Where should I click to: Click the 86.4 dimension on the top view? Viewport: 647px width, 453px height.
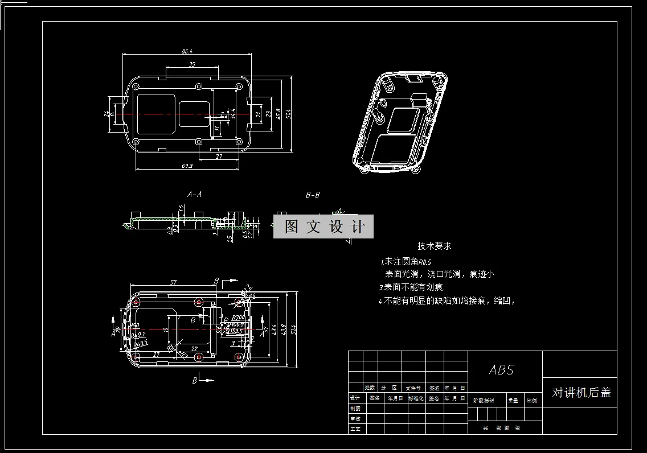click(x=187, y=51)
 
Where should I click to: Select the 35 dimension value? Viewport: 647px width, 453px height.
click(x=192, y=64)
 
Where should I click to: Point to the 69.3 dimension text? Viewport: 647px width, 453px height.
click(x=187, y=166)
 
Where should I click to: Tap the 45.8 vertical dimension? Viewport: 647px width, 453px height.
click(x=278, y=113)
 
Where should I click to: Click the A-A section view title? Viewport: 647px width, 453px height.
click(x=194, y=194)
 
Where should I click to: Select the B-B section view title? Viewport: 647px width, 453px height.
click(x=313, y=195)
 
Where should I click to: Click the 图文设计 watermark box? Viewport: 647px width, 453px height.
click(x=323, y=226)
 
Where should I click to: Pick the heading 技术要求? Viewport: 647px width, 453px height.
click(x=434, y=246)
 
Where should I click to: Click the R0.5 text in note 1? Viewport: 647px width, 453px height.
click(x=425, y=262)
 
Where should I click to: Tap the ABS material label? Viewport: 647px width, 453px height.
click(x=501, y=370)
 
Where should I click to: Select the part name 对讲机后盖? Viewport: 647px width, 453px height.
click(x=581, y=393)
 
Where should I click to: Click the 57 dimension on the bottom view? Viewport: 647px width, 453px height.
click(x=174, y=282)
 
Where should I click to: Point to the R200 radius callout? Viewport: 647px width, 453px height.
click(x=239, y=318)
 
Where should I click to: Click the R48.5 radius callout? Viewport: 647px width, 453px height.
click(x=140, y=343)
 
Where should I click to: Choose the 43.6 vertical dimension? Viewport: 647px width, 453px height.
click(x=275, y=329)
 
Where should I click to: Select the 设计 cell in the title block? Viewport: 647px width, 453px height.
click(x=355, y=398)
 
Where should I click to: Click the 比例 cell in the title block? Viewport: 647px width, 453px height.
click(x=532, y=400)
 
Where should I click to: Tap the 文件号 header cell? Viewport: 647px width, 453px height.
click(x=413, y=388)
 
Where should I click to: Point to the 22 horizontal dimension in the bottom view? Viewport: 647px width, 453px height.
click(x=194, y=348)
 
